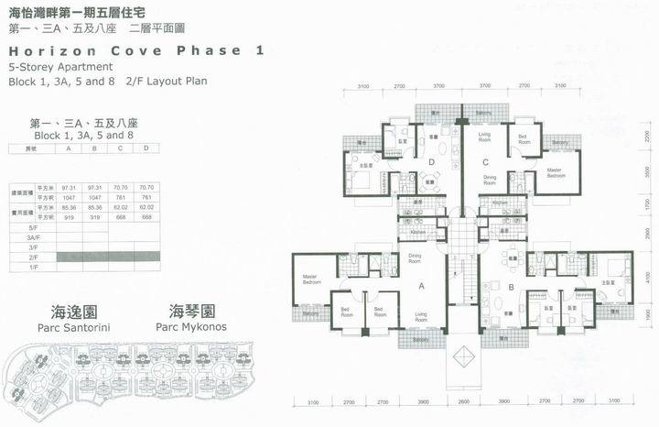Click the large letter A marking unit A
[x=420, y=285]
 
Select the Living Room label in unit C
[x=484, y=138]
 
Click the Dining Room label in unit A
[x=415, y=257]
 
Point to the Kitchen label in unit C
[x=500, y=203]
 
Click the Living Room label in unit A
[x=420, y=316]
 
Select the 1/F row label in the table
[x=34, y=267]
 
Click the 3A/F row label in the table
[x=34, y=236]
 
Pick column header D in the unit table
[x=146, y=148]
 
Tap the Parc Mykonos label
[x=191, y=327]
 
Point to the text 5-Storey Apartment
[x=60, y=67]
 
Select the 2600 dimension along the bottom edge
[x=463, y=402]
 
